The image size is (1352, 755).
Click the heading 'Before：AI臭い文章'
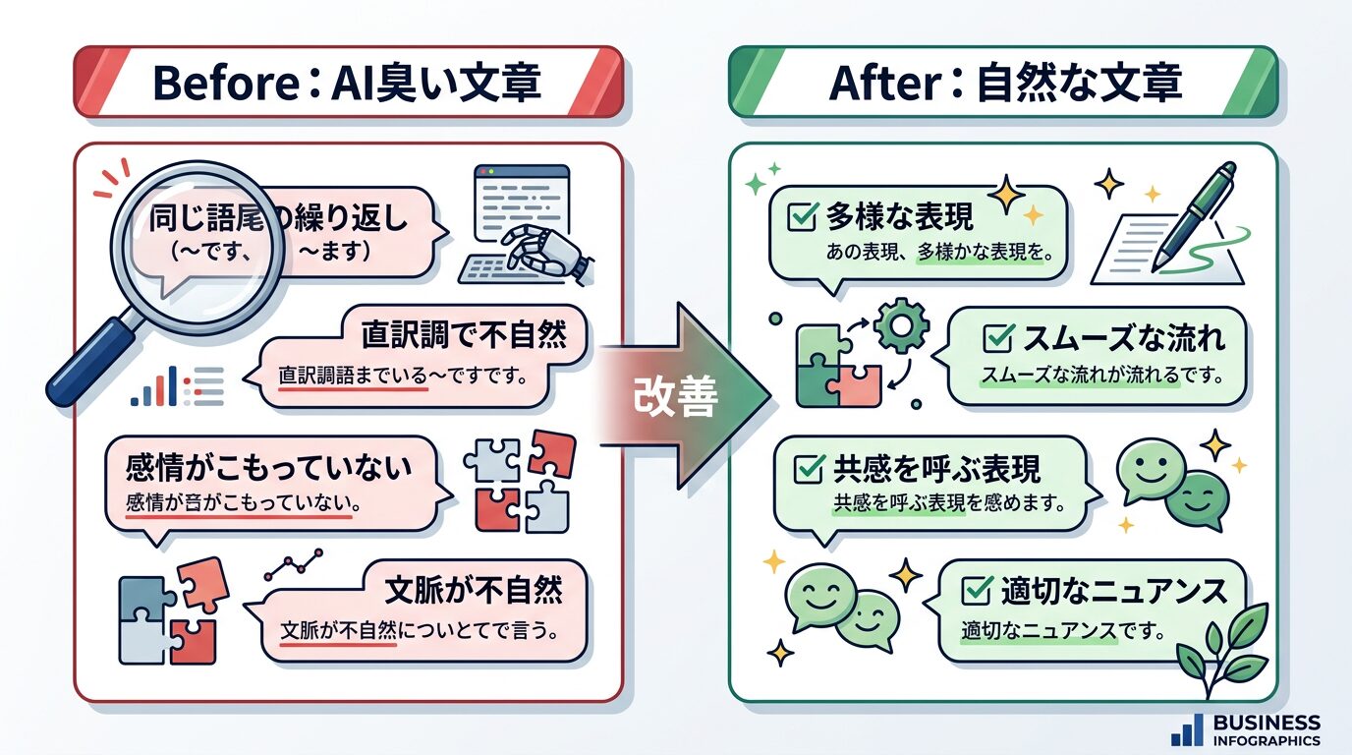[x=347, y=84]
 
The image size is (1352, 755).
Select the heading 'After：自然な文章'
[x=1004, y=84]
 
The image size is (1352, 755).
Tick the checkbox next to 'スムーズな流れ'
[x=998, y=340]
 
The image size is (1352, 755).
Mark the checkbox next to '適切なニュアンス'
[x=976, y=591]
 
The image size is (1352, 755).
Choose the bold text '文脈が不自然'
[x=475, y=591]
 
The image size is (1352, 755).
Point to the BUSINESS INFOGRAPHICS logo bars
[x=1187, y=729]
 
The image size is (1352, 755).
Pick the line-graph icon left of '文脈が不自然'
[x=295, y=565]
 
